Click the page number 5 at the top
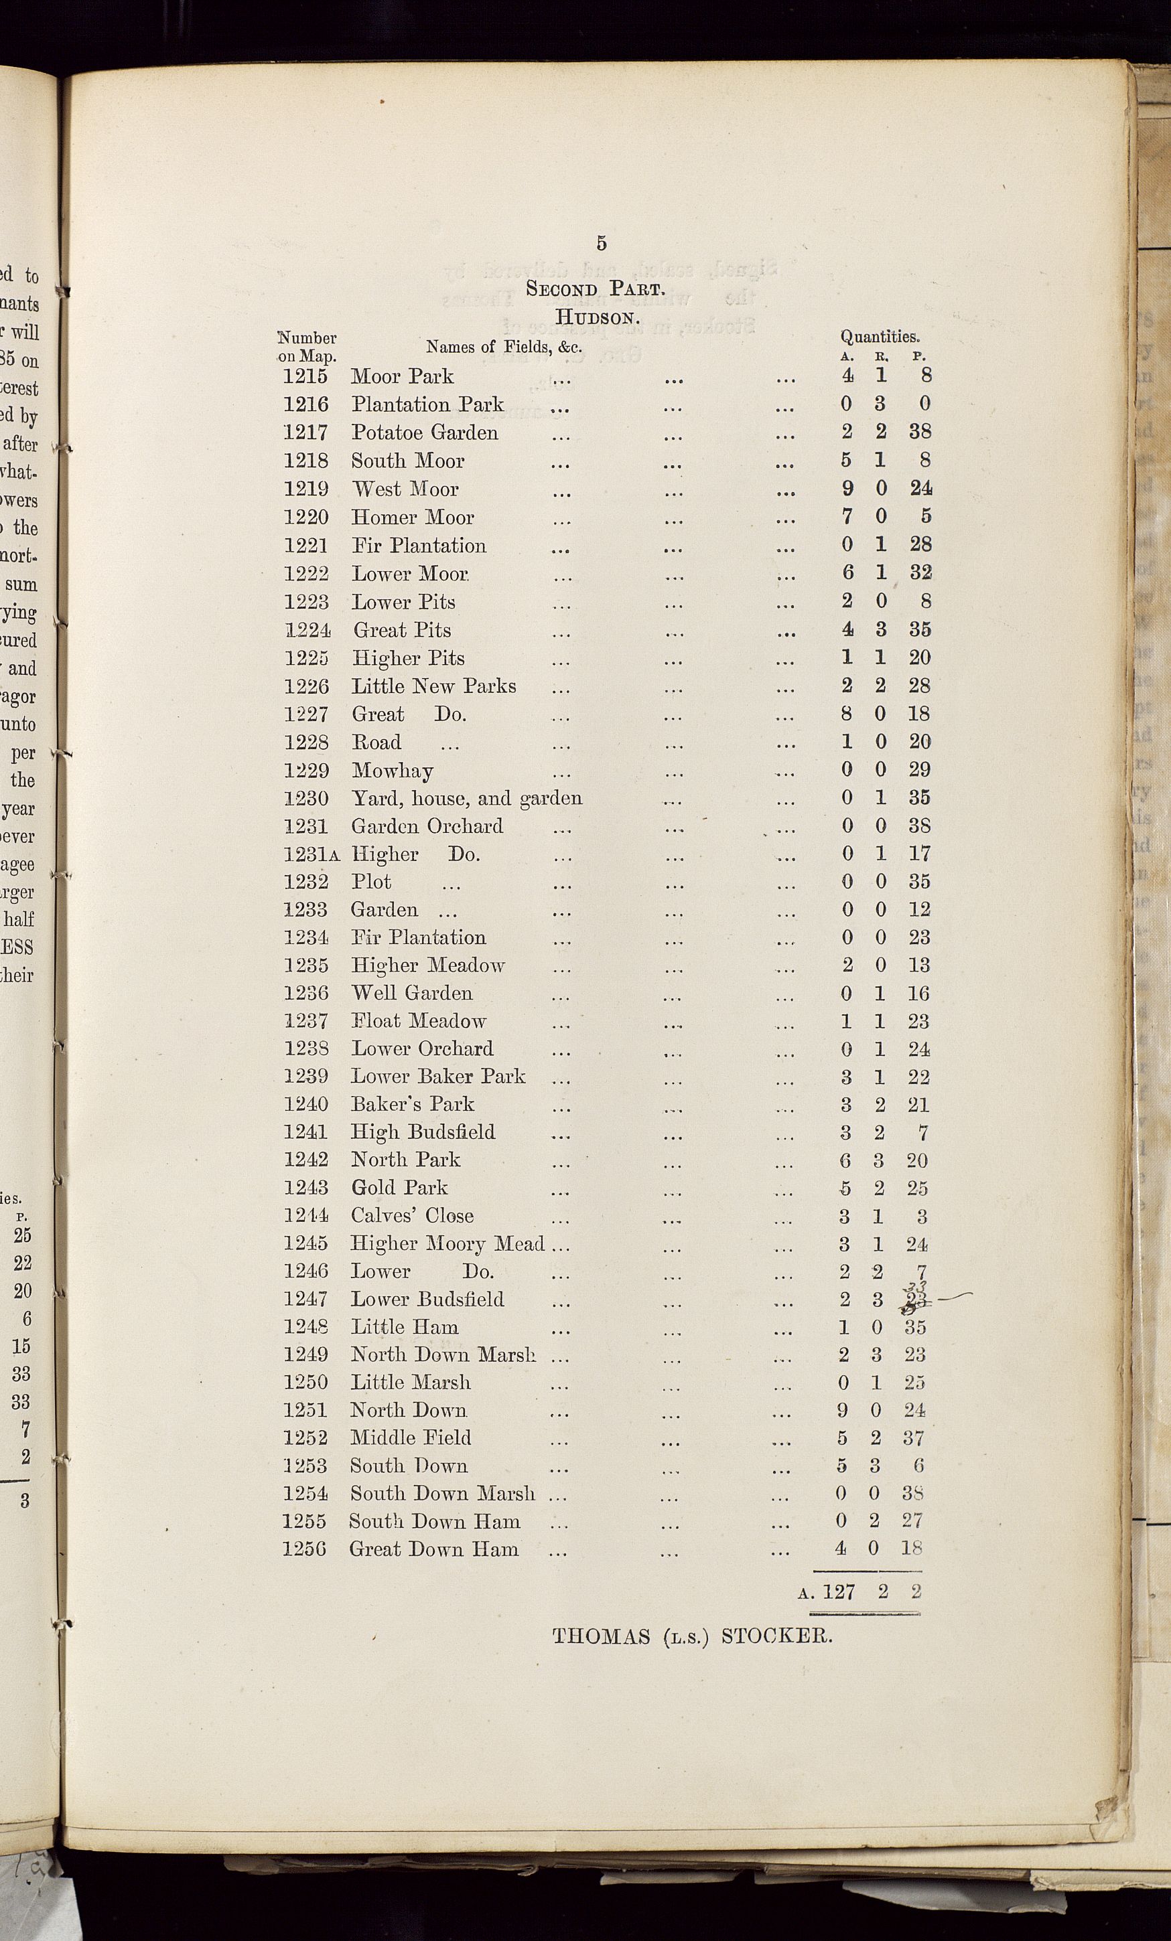(x=602, y=244)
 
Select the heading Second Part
(x=596, y=289)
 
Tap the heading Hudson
(x=596, y=317)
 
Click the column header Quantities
(x=880, y=337)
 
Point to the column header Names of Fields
(x=504, y=347)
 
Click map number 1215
(x=305, y=376)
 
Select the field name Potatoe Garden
(x=424, y=433)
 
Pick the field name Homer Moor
(x=412, y=518)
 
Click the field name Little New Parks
(x=433, y=686)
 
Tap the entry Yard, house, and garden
(x=466, y=798)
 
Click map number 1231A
(x=312, y=855)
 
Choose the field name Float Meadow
(x=419, y=1021)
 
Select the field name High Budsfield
(x=423, y=1132)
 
